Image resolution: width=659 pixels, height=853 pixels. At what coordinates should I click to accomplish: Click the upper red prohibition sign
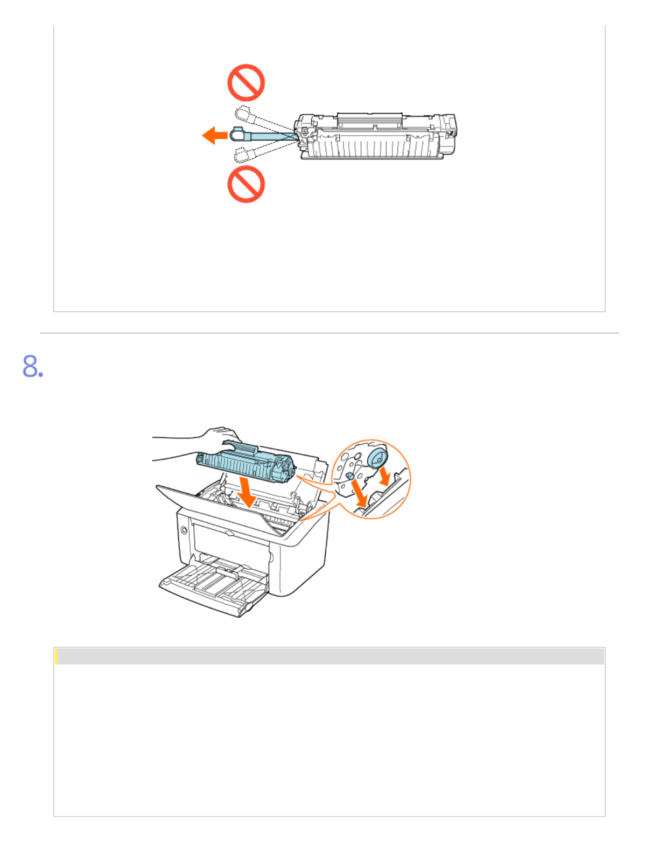point(246,83)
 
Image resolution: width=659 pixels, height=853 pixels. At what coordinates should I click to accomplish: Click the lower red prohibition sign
point(246,184)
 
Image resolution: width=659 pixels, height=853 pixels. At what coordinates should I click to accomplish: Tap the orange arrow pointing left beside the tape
point(215,135)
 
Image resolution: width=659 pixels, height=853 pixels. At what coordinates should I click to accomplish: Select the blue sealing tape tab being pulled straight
point(262,135)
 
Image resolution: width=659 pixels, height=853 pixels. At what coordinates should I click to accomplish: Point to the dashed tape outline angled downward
point(263,151)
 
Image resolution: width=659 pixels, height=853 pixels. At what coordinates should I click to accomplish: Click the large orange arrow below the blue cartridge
point(247,493)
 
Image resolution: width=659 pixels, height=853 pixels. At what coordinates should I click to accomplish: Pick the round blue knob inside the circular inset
point(378,458)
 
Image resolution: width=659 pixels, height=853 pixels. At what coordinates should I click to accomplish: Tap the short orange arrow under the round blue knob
point(385,476)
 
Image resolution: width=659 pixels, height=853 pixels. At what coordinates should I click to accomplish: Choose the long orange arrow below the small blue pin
point(360,493)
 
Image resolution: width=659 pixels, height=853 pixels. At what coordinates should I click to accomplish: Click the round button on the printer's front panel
point(184,530)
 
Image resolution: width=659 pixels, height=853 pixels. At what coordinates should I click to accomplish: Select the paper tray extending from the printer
point(214,584)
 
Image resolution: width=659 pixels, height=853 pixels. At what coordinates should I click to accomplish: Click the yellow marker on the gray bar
point(57,657)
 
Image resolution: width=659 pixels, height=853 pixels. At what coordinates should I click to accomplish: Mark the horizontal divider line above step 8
point(329,333)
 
